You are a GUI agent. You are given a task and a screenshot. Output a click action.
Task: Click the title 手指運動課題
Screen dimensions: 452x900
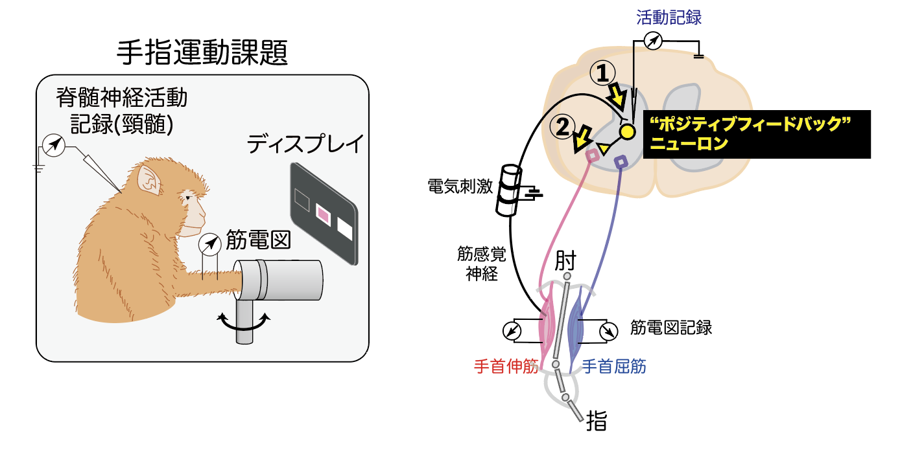coord(202,52)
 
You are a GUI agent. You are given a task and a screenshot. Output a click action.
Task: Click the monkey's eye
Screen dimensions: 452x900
coord(188,196)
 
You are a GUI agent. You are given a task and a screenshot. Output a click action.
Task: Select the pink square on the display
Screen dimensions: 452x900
coord(322,212)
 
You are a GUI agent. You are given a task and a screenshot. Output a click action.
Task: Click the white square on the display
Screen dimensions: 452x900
coord(344,229)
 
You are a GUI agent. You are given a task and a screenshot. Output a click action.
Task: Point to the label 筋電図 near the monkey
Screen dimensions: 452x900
coord(257,241)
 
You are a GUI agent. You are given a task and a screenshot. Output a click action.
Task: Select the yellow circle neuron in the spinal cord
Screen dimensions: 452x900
coord(627,131)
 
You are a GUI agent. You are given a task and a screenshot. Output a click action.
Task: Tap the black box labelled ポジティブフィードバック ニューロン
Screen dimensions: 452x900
coord(756,133)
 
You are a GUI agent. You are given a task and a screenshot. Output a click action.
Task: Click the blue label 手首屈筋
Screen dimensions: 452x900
coord(614,367)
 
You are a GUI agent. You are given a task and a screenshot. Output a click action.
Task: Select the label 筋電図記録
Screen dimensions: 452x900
coord(671,328)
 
